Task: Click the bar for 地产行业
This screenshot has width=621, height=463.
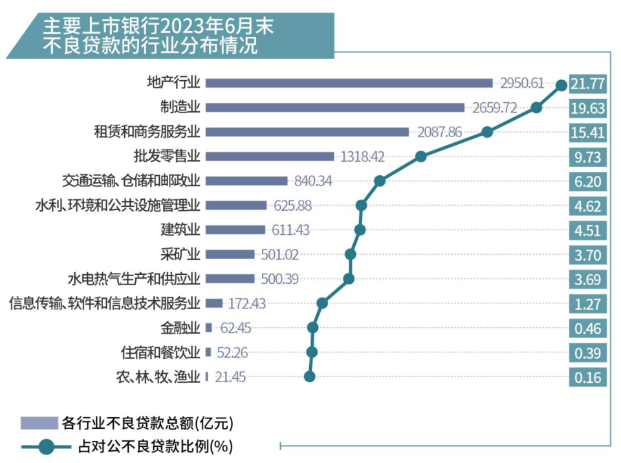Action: pyautogui.click(x=349, y=83)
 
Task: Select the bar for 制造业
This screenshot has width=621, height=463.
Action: pyautogui.click(x=334, y=107)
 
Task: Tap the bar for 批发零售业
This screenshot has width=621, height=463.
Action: pyautogui.click(x=269, y=156)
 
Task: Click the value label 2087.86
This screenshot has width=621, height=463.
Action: pyautogui.click(x=439, y=132)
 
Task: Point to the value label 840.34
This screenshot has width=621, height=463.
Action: pyautogui.click(x=312, y=181)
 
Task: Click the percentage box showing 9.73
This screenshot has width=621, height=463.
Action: pyautogui.click(x=588, y=157)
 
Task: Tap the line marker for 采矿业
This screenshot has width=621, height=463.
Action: pyautogui.click(x=351, y=254)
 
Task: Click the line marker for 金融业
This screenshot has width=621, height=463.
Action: pyautogui.click(x=313, y=328)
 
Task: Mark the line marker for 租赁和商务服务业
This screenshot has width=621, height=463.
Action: pyautogui.click(x=488, y=132)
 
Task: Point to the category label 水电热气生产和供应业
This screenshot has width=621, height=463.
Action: pyautogui.click(x=134, y=279)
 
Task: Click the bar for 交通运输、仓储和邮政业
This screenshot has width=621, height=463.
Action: pyautogui.click(x=246, y=181)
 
